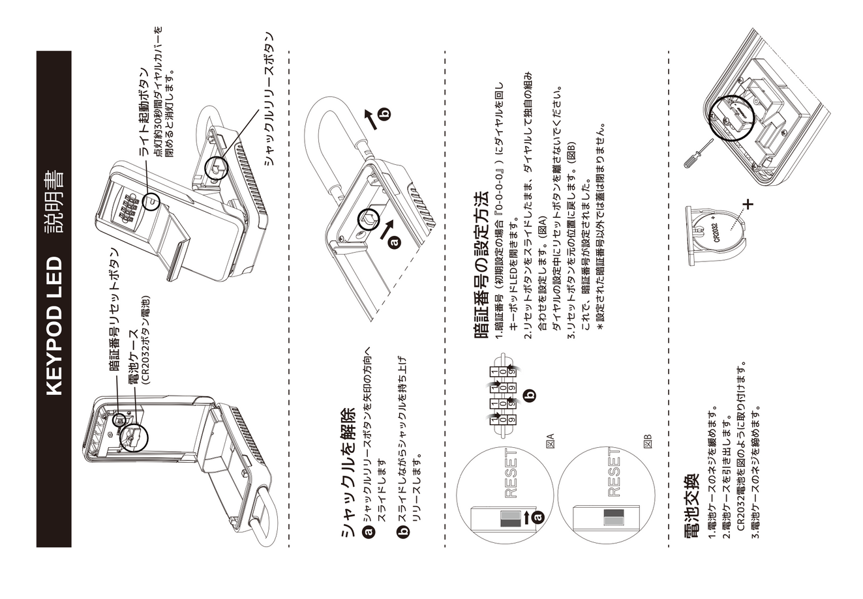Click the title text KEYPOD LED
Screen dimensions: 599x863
[x=54, y=326]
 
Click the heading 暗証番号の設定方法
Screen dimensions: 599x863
[x=481, y=265]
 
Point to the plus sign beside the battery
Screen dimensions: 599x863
[x=748, y=204]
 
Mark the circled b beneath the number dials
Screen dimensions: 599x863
[x=530, y=394]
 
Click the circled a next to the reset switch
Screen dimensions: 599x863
[x=537, y=518]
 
